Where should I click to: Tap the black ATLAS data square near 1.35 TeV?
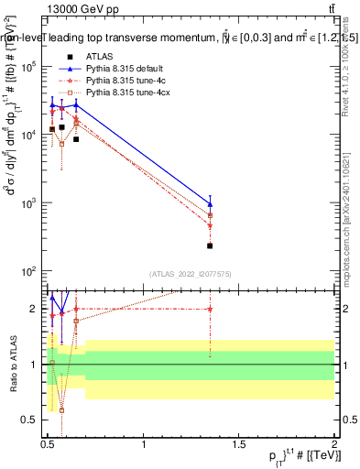pos(210,245)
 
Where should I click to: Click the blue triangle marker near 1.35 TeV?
pos(210,204)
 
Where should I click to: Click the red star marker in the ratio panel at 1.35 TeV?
pos(210,309)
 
